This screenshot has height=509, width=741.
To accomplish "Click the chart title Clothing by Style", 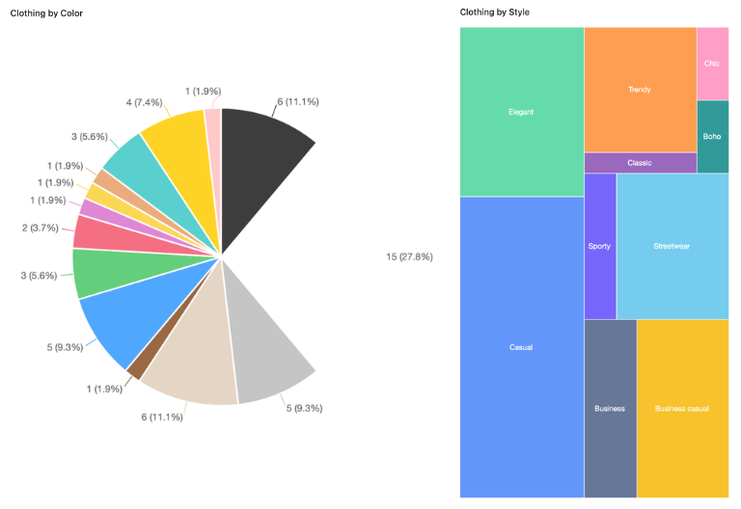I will [x=494, y=13].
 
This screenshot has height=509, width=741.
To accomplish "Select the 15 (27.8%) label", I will [x=409, y=256].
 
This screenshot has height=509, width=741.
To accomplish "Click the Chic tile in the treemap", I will [x=712, y=63].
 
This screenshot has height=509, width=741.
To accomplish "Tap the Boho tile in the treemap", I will [x=712, y=136].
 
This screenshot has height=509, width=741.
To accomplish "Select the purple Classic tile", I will [x=640, y=163].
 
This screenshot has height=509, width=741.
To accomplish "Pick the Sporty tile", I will [x=599, y=246].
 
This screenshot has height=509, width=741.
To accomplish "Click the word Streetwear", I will [x=672, y=246].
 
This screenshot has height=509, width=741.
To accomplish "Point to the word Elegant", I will [x=521, y=112].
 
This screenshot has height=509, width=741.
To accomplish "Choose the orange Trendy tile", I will [x=640, y=90].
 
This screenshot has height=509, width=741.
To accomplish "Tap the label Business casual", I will [x=682, y=408].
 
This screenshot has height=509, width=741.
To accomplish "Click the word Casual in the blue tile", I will [x=521, y=347].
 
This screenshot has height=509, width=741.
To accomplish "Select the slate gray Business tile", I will [x=610, y=408].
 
